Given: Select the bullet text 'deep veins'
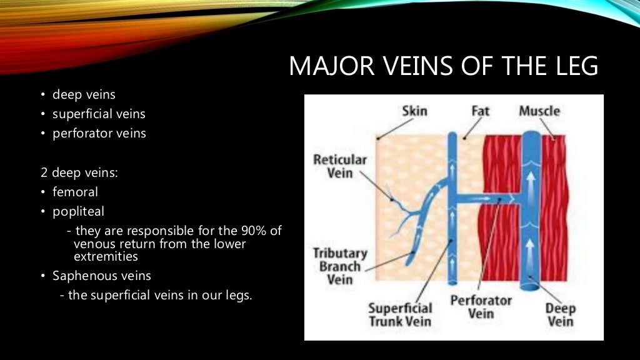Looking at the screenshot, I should [84, 95].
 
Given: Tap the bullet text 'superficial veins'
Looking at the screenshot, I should [99, 114].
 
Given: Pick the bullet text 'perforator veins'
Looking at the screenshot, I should [99, 133].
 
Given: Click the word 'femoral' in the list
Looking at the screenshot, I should [75, 192].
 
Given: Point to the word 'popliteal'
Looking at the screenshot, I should [78, 211].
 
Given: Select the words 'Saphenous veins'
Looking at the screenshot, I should [101, 276].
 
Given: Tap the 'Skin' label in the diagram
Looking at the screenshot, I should [414, 111].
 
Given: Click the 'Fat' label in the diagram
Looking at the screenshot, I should [480, 111].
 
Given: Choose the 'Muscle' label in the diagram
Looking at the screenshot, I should [539, 111].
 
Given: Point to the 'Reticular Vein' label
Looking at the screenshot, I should [339, 166].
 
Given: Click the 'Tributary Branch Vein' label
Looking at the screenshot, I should [339, 266].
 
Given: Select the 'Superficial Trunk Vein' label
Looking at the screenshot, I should [400, 315].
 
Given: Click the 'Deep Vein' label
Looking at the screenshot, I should [560, 315].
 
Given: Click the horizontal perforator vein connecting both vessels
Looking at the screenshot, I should [487, 199].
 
